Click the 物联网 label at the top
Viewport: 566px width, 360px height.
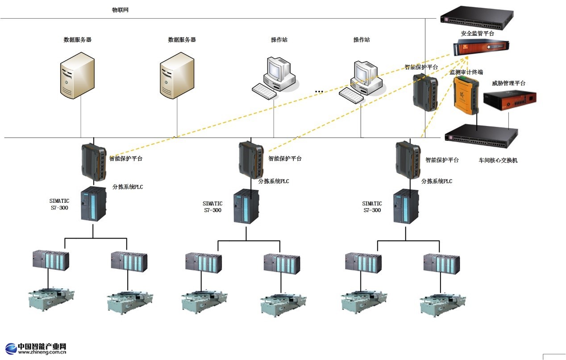point(120,10)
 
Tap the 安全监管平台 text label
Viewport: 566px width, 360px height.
point(478,33)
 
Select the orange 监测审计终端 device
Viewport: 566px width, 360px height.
point(466,95)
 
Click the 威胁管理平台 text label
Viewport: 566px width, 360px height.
point(508,83)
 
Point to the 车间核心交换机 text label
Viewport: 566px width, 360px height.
point(498,160)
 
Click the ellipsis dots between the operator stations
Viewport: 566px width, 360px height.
point(319,92)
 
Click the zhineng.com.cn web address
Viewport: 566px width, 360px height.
point(42,352)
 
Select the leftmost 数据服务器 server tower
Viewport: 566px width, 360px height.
point(77,75)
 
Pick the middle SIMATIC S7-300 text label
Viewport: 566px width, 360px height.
point(212,207)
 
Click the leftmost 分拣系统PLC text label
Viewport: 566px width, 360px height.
point(128,187)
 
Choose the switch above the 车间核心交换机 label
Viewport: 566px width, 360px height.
point(482,134)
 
